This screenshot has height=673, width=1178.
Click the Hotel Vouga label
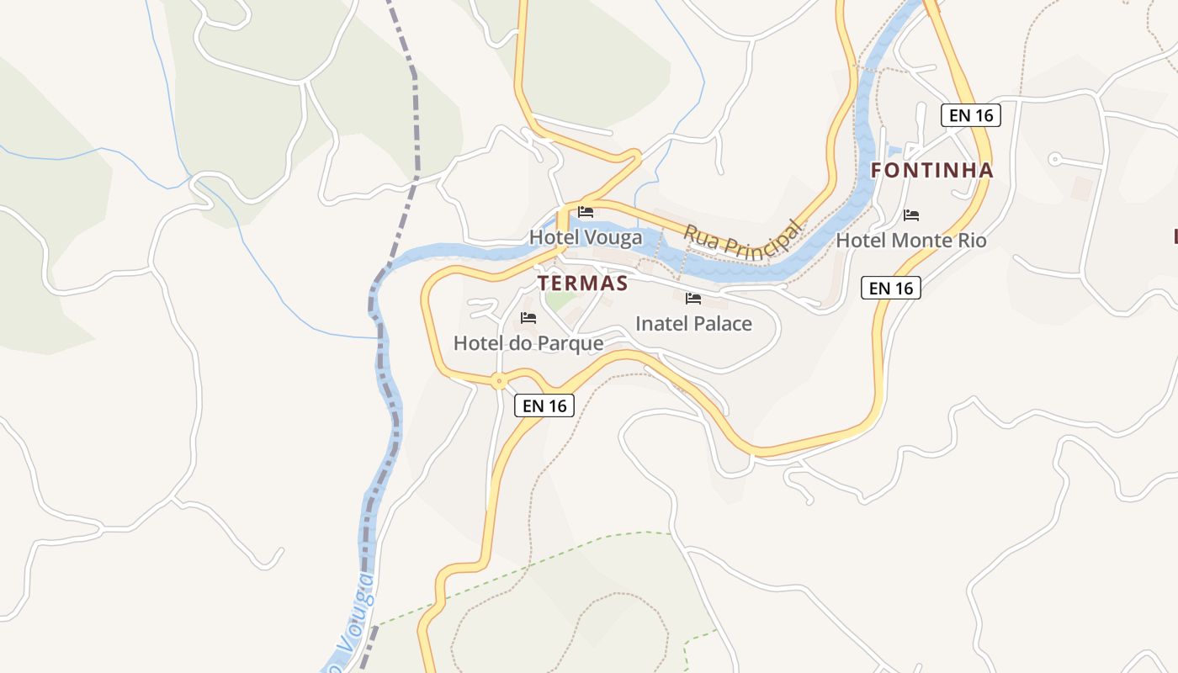(586, 237)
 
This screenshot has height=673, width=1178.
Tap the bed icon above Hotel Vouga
(586, 212)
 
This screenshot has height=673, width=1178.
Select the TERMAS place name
(583, 283)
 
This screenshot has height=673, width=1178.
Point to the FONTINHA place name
(931, 171)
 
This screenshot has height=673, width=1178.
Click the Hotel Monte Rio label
(910, 241)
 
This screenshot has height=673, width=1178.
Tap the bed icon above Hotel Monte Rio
(910, 215)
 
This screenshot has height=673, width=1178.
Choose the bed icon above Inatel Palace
(693, 298)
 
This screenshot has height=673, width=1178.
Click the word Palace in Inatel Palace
(721, 324)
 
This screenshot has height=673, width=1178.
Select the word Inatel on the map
(661, 324)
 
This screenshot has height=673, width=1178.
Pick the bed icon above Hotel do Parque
(528, 317)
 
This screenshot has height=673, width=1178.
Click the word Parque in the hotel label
(571, 343)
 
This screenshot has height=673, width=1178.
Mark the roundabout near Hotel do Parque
(500, 381)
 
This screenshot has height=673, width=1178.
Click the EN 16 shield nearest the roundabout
(544, 405)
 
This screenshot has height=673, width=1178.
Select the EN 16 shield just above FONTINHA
(971, 115)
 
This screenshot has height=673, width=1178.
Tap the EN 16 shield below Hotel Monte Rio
(891, 288)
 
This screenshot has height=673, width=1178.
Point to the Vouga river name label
(358, 618)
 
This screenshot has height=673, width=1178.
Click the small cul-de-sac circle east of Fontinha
(1054, 158)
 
